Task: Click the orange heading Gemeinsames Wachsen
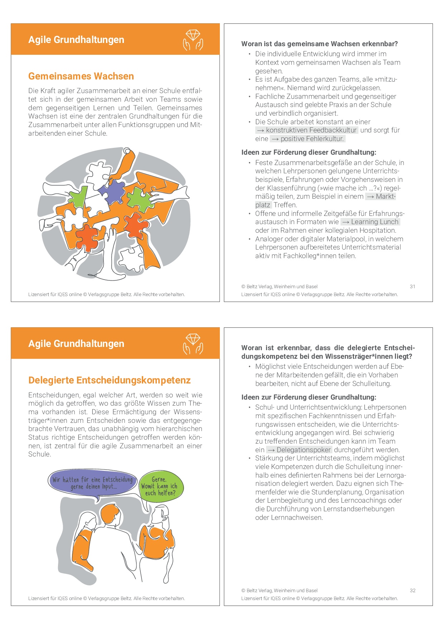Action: (x=81, y=76)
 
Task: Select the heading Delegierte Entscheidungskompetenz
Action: (x=109, y=380)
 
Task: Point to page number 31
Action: (x=412, y=286)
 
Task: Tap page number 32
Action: (x=412, y=590)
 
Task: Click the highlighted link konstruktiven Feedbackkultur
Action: (x=307, y=130)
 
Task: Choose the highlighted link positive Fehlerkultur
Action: (x=308, y=139)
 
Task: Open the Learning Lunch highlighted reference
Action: (x=370, y=222)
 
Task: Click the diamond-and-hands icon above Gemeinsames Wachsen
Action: (x=193, y=39)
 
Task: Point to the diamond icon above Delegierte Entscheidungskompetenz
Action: (x=193, y=343)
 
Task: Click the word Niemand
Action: (x=301, y=88)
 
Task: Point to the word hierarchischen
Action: (x=178, y=429)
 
